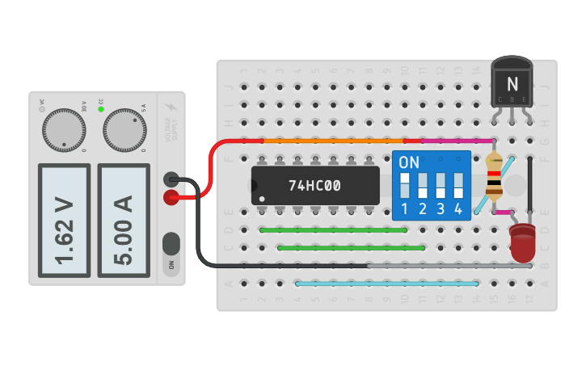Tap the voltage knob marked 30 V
click(64, 129)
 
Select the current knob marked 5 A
click(124, 129)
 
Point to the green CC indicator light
click(101, 109)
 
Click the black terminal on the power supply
click(171, 180)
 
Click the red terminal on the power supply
click(171, 196)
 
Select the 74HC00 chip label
click(314, 186)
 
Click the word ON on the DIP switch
click(409, 162)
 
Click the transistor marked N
click(511, 83)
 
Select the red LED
click(522, 243)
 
